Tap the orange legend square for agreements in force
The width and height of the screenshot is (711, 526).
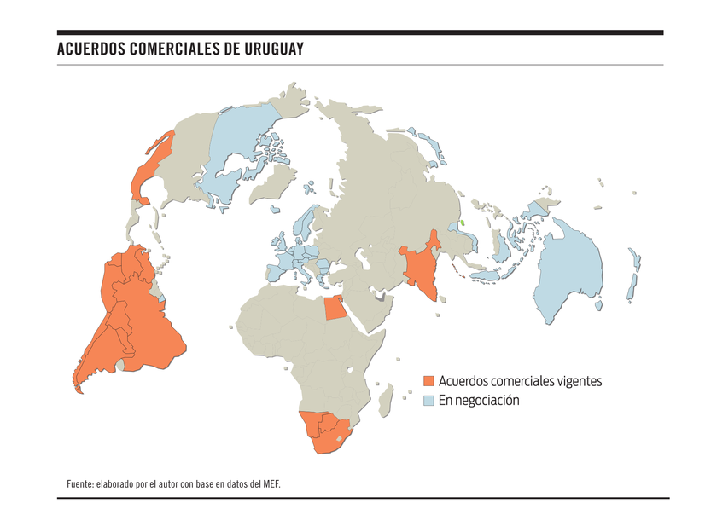[429, 380]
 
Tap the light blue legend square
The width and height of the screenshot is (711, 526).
[429, 400]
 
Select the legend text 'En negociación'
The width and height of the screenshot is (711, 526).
[479, 400]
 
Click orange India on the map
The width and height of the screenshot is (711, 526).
[419, 269]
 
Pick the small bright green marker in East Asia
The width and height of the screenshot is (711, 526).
[462, 223]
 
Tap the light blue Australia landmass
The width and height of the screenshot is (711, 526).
[568, 273]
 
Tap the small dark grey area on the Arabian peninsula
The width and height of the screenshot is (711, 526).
[379, 298]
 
